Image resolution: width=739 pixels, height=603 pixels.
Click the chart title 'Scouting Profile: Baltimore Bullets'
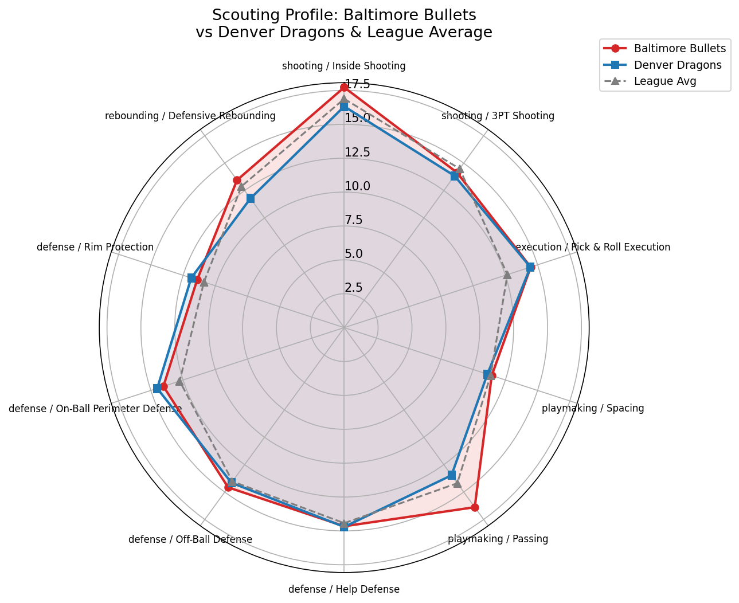[344, 14]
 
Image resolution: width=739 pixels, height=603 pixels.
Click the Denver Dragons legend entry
[677, 65]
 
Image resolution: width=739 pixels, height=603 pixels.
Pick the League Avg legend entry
[664, 81]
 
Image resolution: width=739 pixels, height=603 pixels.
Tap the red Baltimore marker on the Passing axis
[475, 507]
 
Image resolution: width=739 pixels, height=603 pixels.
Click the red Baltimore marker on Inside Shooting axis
[344, 87]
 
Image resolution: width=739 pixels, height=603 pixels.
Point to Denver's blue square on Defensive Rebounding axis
[251, 198]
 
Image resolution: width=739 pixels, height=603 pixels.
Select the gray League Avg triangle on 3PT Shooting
[459, 169]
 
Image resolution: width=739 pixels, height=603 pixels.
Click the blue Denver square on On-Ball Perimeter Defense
[157, 389]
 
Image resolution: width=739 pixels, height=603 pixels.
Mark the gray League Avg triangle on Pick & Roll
[507, 275]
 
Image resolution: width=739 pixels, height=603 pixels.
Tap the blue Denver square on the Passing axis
[452, 475]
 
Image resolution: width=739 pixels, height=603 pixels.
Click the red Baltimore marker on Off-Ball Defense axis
[228, 487]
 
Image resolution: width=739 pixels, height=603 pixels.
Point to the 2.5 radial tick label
[354, 288]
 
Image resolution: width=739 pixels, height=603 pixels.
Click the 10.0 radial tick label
[357, 186]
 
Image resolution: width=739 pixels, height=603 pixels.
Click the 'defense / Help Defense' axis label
[344, 589]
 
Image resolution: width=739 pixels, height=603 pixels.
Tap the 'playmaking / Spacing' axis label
[593, 409]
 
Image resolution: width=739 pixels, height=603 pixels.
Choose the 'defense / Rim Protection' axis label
[95, 248]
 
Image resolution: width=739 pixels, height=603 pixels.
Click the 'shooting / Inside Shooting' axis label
[344, 66]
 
